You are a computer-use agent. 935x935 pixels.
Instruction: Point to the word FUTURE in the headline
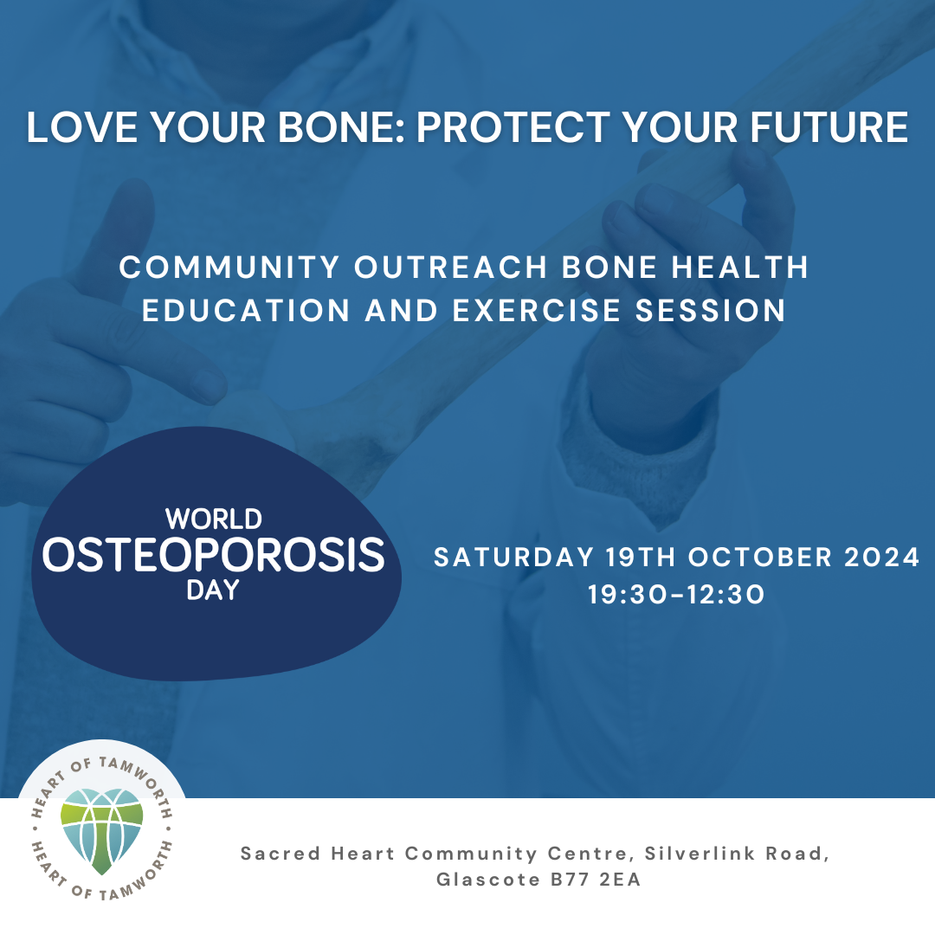coord(829,127)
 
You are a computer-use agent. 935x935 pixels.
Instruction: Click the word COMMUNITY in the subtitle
coord(229,268)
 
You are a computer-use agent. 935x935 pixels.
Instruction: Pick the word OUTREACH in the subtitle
coord(451,268)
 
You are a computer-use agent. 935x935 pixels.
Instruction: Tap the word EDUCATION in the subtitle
coord(246,311)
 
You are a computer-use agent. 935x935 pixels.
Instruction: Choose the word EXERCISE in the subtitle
coord(537,311)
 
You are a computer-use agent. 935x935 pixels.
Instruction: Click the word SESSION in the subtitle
coord(710,311)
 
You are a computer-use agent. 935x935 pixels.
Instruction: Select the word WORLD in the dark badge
coord(214,519)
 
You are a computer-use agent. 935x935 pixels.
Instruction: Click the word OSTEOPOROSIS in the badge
coord(214,555)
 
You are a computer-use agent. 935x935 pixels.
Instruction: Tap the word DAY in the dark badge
coord(213,590)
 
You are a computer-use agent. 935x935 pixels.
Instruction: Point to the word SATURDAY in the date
coord(514,558)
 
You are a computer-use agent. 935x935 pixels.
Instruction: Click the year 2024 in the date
coord(882,558)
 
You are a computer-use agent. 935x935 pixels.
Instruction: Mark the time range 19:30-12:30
coord(676,595)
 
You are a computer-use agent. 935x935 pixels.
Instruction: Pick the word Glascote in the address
coord(487,880)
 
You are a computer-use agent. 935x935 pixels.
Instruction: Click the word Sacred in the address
coord(280,854)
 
